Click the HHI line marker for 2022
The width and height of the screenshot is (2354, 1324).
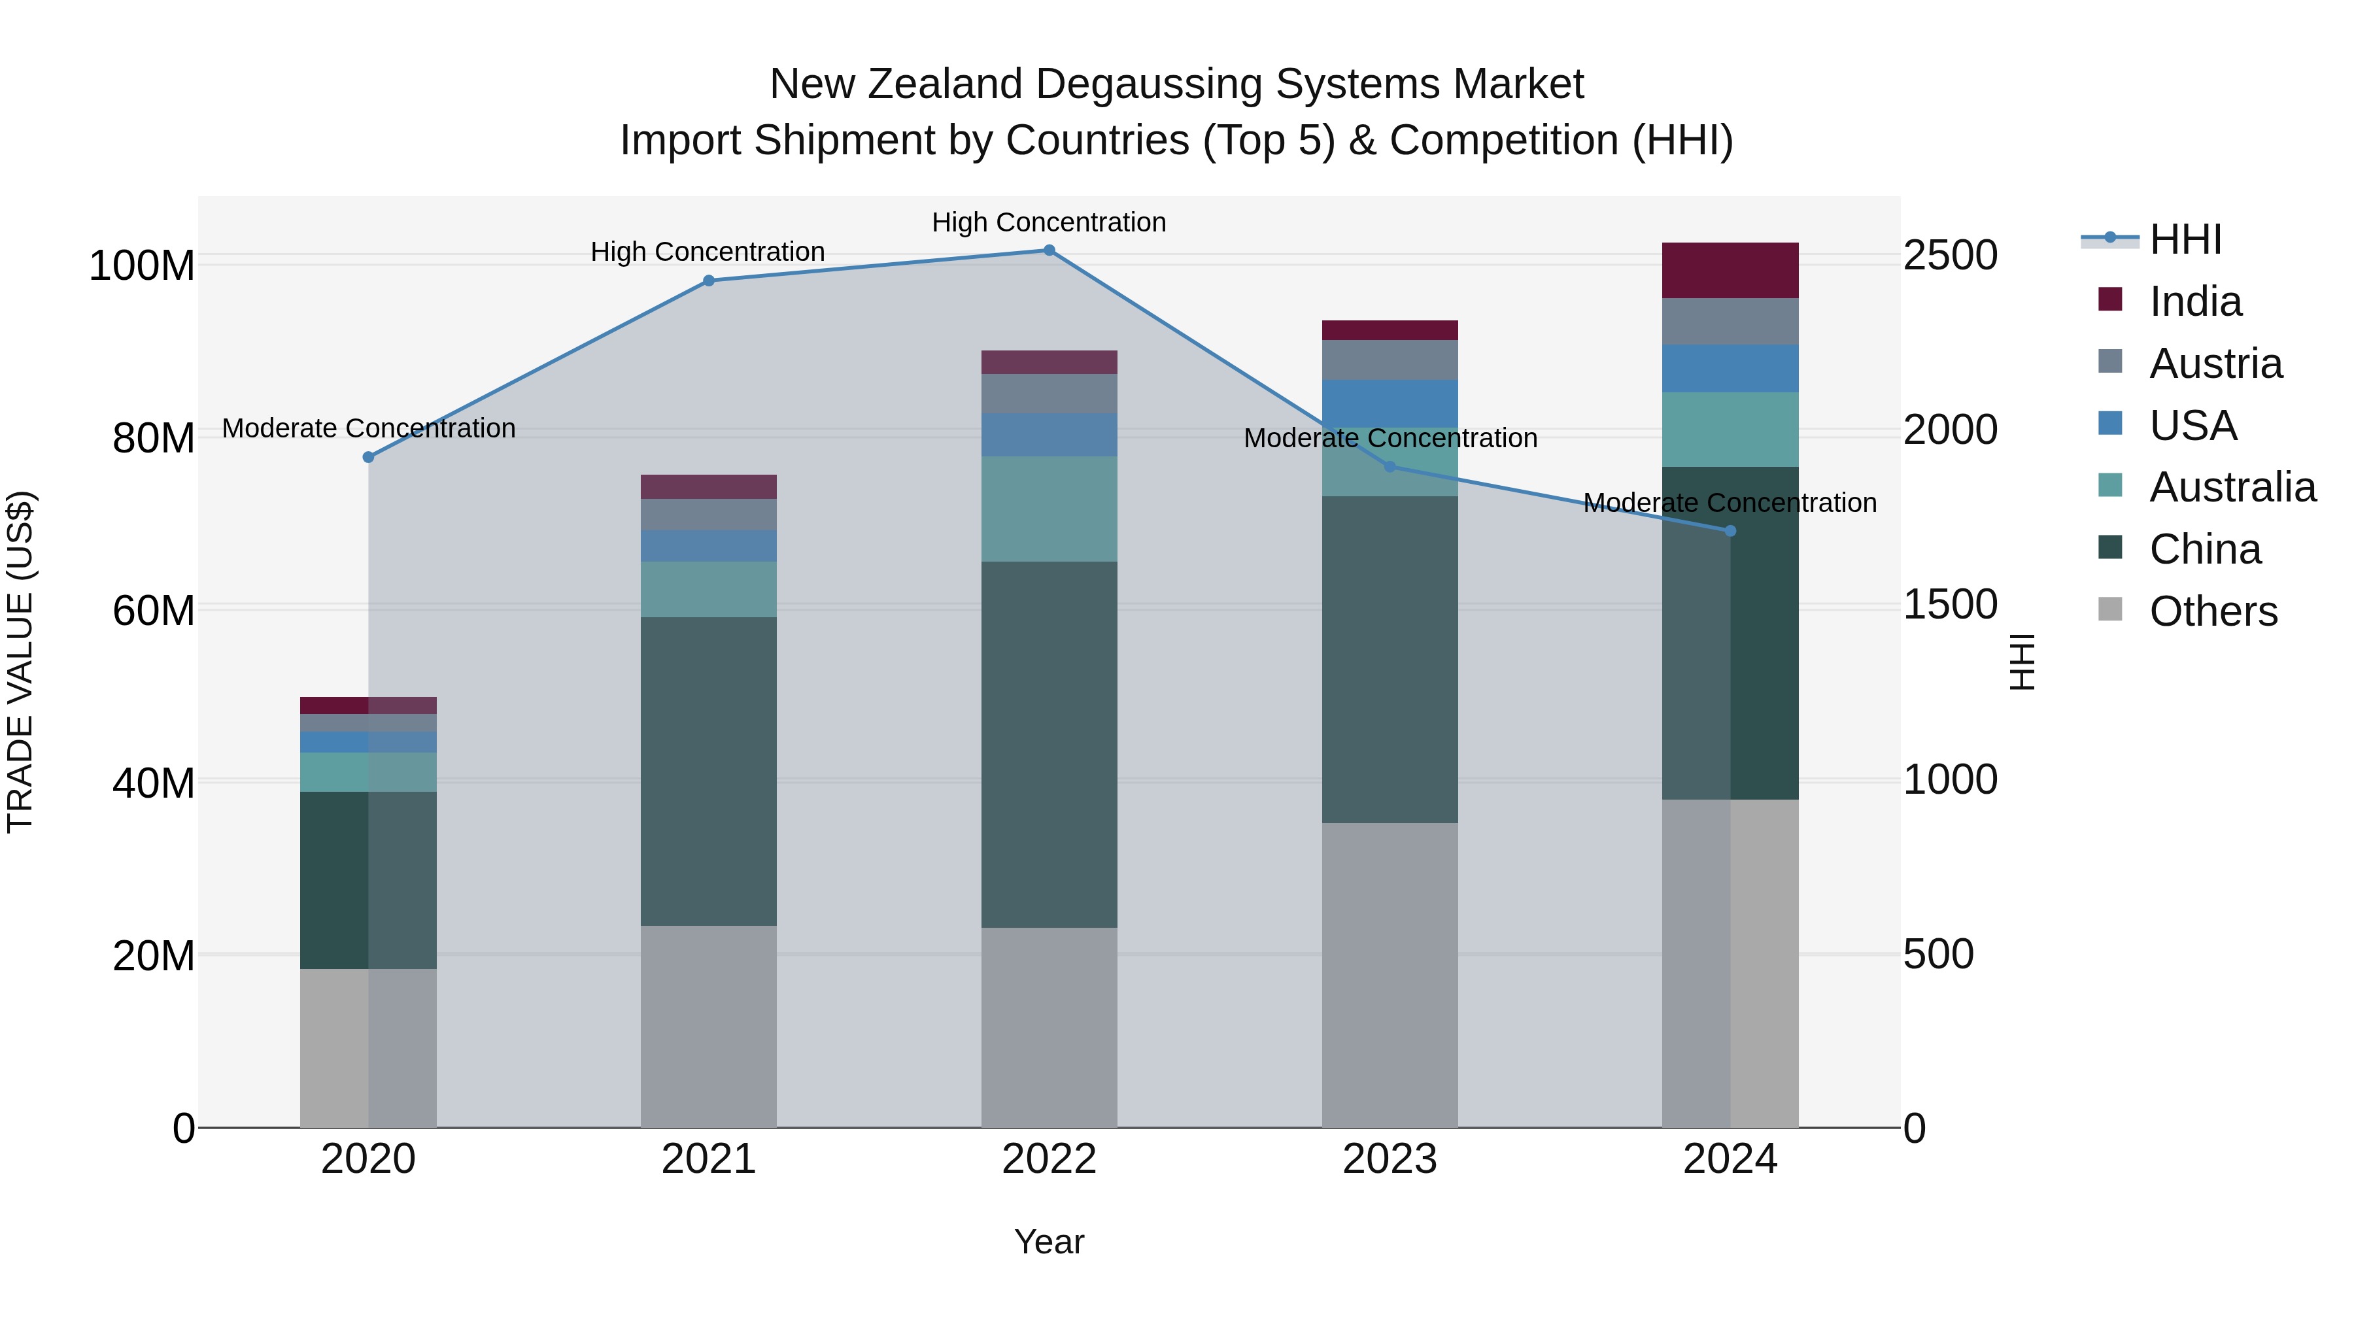pos(1049,250)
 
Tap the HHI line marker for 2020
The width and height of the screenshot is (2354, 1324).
pos(368,457)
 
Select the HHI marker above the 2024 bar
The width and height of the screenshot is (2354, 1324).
pos(1730,531)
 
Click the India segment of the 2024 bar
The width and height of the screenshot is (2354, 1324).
pos(1730,271)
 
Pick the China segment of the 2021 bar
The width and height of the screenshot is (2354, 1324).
pos(708,772)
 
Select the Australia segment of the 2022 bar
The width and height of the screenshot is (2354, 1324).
pos(1049,509)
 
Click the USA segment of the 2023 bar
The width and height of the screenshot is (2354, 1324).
pos(1389,404)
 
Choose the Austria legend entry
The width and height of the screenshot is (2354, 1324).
pos(2215,364)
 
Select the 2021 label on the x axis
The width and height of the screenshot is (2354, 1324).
pos(708,1159)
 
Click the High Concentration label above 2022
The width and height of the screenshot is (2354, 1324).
pos(1049,222)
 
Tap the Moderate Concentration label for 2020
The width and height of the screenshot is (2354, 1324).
pos(368,428)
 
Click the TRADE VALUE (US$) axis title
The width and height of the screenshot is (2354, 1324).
pos(20,662)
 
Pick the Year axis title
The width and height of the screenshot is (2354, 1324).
pos(1049,1242)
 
